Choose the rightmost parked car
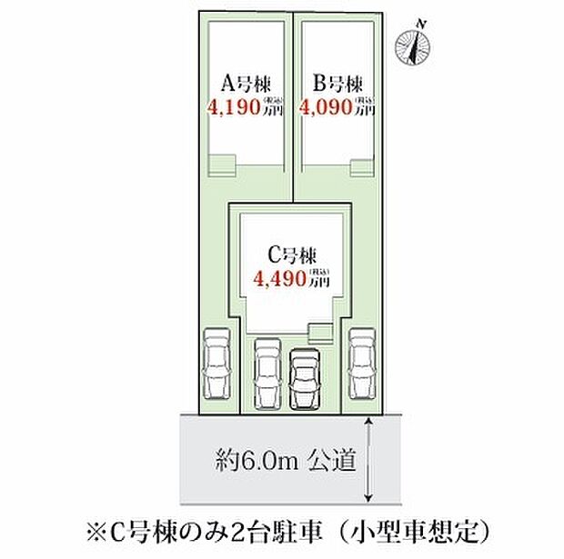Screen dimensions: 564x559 [363, 361]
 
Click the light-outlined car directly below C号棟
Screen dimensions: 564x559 [267, 372]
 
